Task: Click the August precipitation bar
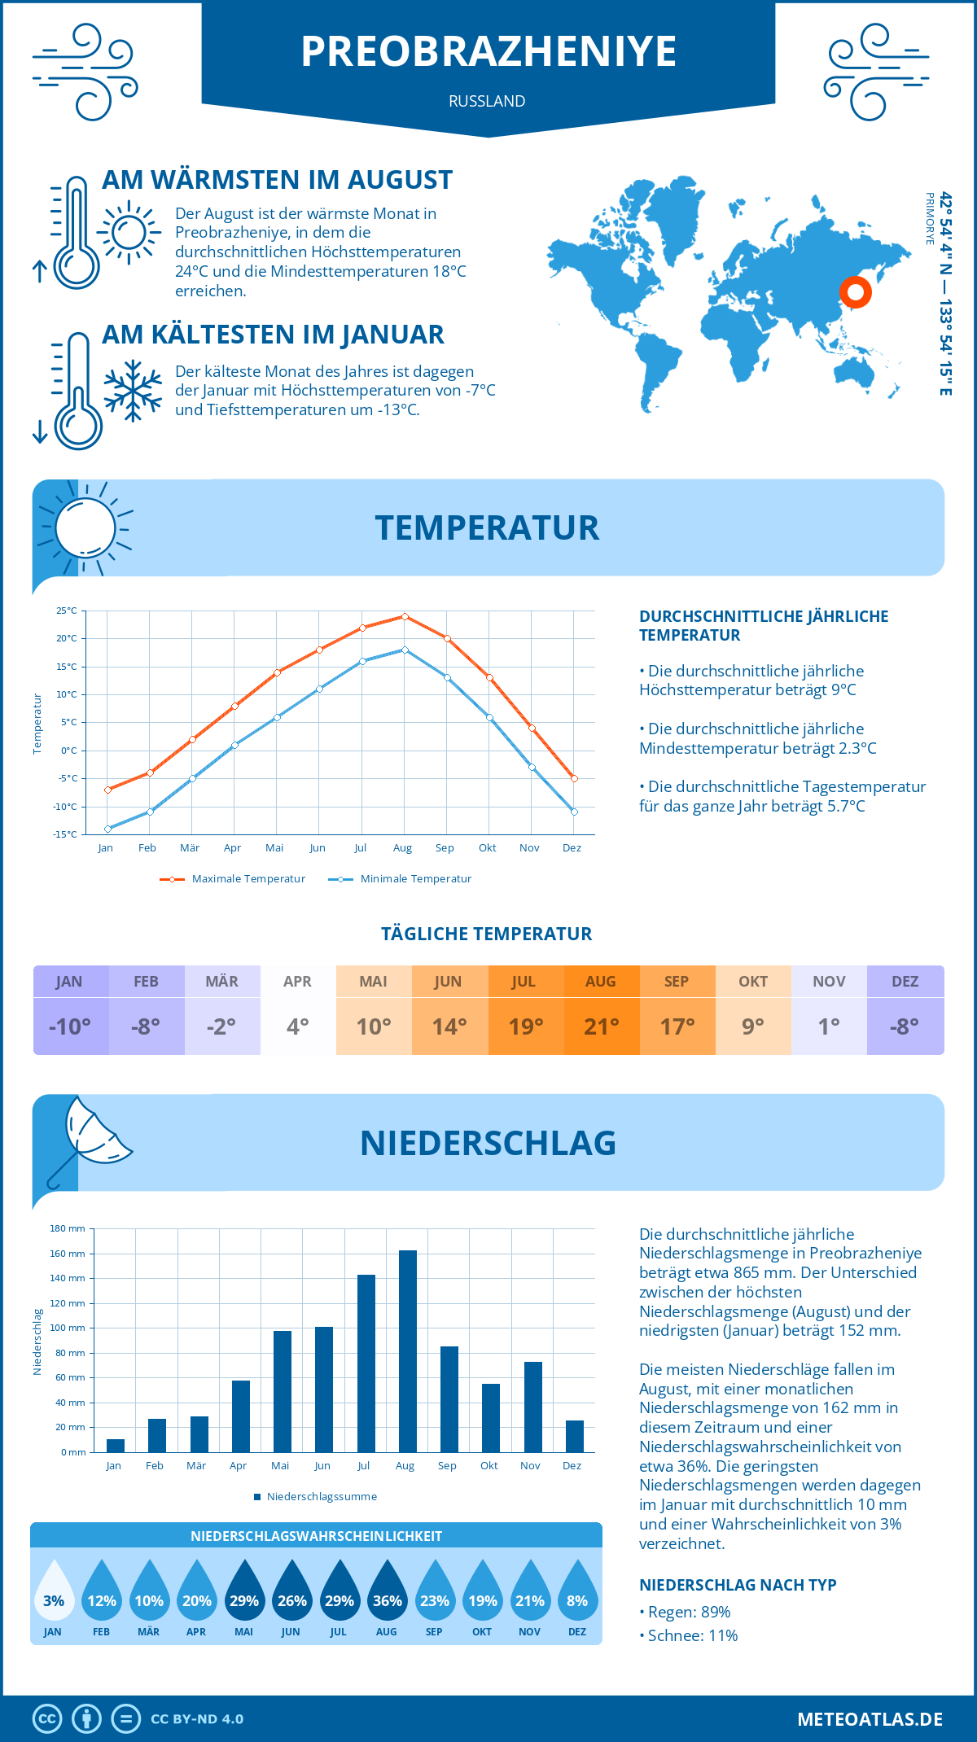[408, 1351]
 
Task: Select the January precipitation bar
[116, 1446]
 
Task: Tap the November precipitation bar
[533, 1407]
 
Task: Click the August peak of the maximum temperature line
[405, 616]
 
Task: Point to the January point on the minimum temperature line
[107, 829]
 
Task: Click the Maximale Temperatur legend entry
[233, 879]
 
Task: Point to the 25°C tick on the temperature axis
[67, 611]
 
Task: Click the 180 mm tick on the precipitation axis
[68, 1228]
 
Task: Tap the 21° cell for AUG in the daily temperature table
[602, 1026]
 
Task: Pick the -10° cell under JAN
[70, 1026]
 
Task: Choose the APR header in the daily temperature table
[298, 982]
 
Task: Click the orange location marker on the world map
[856, 292]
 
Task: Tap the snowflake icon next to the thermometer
[133, 391]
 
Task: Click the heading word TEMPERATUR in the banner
[487, 527]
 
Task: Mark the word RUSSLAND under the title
[487, 101]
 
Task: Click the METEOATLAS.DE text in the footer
[870, 1719]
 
